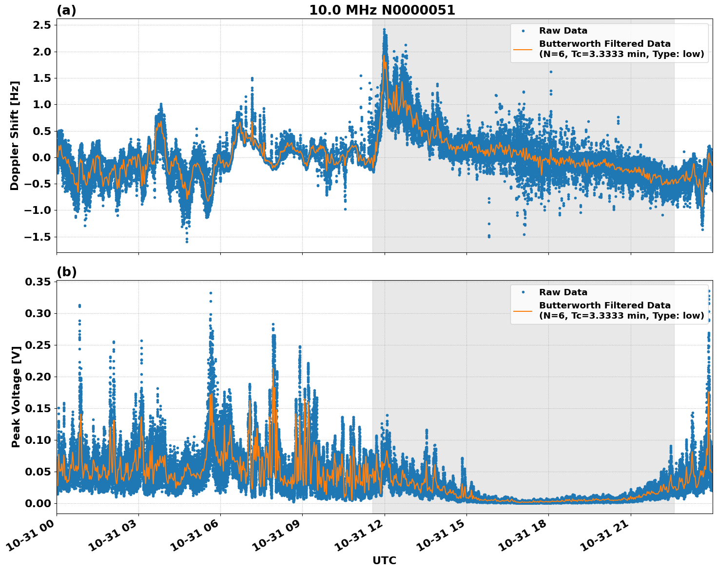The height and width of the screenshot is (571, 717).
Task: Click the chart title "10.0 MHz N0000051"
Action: coord(382,10)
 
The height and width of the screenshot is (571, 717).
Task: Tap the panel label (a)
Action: coord(66,10)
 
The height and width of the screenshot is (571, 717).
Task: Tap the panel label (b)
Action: coord(66,272)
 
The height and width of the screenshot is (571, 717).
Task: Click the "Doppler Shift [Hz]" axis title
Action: coord(15,135)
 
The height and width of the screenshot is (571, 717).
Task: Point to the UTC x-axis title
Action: coord(384,560)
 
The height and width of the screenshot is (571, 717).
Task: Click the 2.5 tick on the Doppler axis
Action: coord(41,25)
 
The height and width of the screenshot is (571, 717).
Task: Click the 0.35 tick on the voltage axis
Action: coord(38,282)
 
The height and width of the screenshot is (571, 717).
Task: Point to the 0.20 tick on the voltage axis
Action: coord(38,377)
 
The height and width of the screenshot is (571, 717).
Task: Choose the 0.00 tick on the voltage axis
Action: coord(38,503)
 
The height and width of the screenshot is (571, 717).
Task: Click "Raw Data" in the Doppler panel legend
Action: coord(563,31)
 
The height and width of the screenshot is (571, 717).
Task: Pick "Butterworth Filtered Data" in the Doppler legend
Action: coord(604,44)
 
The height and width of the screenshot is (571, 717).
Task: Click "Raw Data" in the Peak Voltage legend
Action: coord(563,292)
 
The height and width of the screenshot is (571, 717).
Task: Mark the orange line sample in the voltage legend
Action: coord(523,310)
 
